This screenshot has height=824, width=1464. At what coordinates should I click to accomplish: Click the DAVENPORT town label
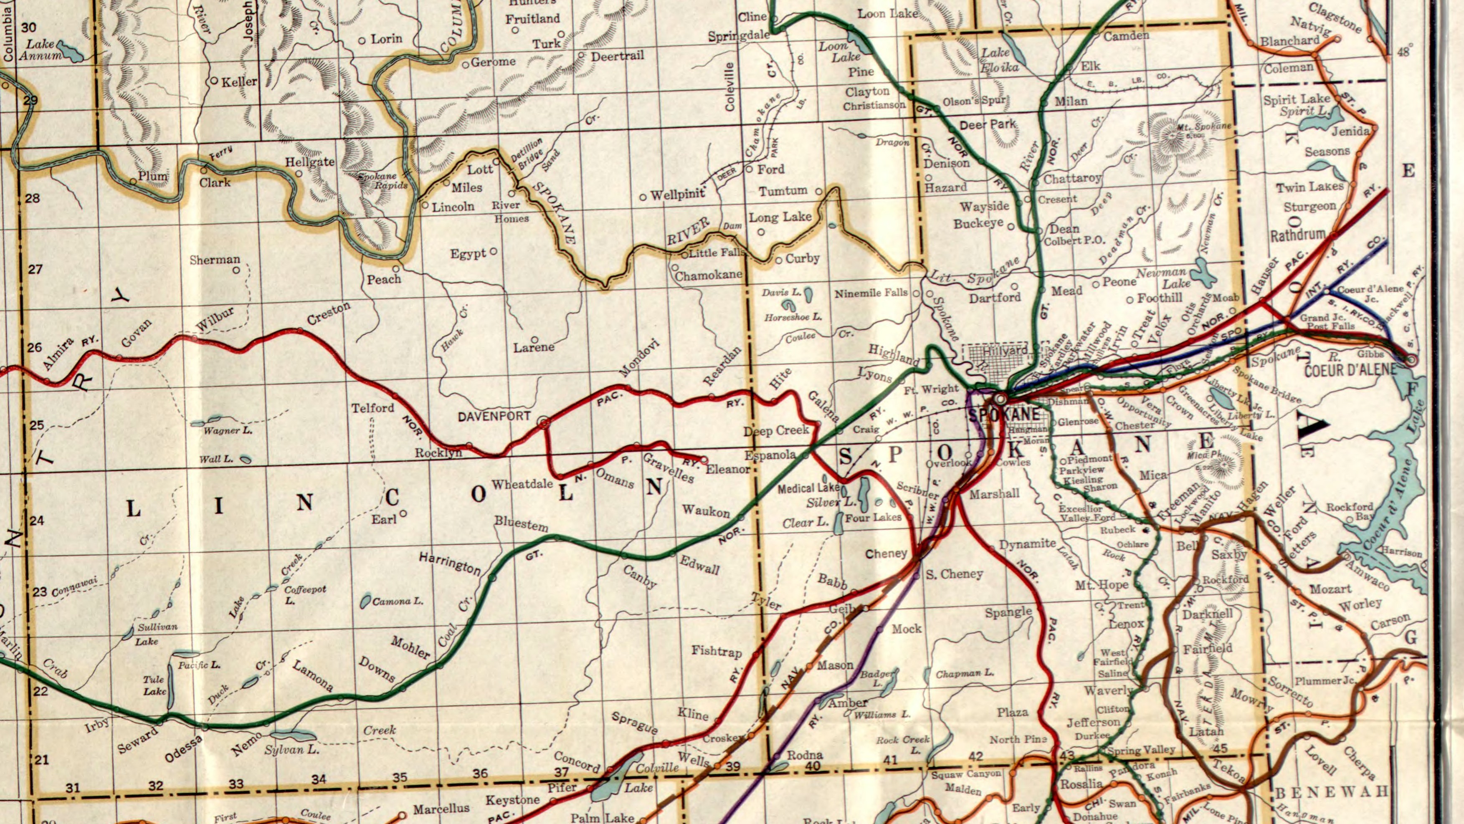tap(494, 417)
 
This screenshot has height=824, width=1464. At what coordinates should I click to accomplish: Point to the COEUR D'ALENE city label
tap(1350, 370)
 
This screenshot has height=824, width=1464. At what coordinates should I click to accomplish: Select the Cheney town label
tap(886, 554)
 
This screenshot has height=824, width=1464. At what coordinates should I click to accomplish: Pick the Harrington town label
tap(450, 563)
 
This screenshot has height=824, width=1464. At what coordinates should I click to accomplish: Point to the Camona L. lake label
tap(398, 601)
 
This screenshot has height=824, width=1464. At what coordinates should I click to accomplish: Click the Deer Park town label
tap(988, 124)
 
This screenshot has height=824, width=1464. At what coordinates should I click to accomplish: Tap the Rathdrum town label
tap(1297, 235)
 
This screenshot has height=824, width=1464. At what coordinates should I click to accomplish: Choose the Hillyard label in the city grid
tap(1005, 351)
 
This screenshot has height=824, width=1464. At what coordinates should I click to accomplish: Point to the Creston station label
tap(329, 313)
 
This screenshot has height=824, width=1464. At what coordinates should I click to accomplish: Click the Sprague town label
tap(634, 722)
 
